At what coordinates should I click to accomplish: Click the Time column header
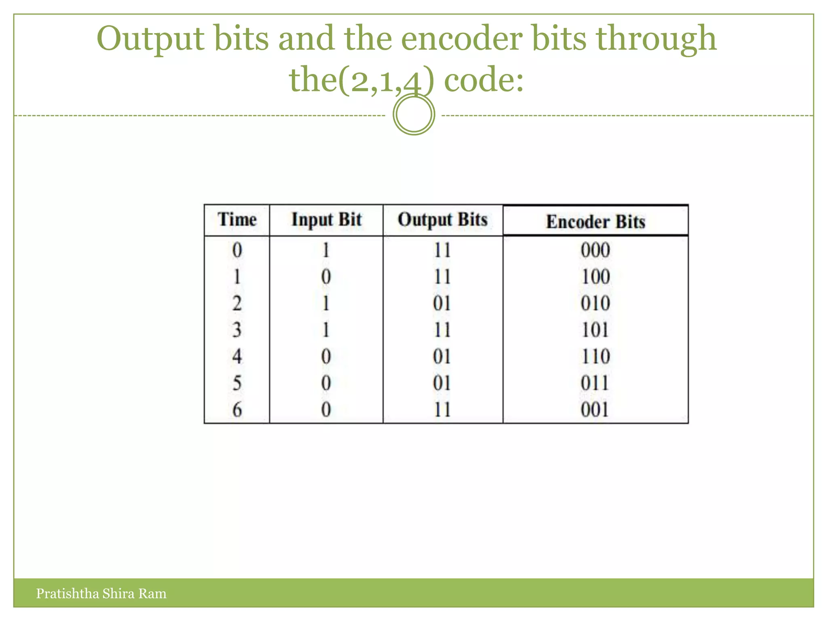(237, 220)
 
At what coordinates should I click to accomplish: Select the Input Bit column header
(326, 220)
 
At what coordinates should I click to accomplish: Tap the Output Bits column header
(443, 220)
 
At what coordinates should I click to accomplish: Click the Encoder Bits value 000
(596, 250)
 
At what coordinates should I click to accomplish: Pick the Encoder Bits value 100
(596, 277)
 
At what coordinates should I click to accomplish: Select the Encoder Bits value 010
(596, 304)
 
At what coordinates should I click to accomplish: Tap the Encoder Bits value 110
(596, 357)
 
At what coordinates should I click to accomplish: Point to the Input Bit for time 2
(326, 304)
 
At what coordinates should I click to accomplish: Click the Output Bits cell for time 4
(442, 357)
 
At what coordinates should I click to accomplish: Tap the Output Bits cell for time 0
(442, 250)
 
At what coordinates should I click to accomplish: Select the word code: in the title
(484, 80)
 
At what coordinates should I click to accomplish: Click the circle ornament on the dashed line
(414, 114)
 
